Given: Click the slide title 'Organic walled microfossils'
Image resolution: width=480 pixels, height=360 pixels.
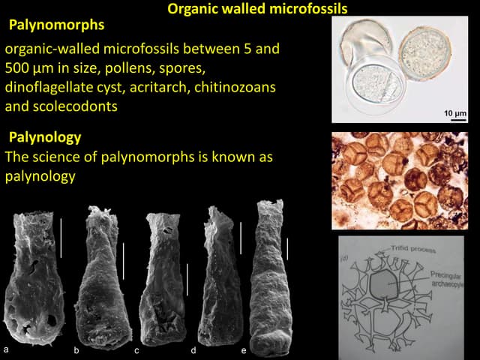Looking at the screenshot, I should [257, 10].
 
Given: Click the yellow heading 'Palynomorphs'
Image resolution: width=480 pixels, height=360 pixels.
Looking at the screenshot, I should [56, 25].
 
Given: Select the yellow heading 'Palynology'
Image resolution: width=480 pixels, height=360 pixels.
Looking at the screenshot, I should [45, 138].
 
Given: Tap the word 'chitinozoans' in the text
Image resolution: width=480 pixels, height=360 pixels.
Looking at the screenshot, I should [237, 87].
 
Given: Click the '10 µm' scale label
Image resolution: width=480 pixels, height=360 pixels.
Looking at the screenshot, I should [454, 112].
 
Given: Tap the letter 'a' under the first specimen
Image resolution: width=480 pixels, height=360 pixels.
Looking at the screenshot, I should [7, 349].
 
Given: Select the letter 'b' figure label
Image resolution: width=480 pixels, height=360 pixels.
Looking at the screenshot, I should [76, 350].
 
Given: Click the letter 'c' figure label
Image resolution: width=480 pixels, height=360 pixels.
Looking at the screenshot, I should [136, 350].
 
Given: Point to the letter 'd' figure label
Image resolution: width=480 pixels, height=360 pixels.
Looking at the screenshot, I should [193, 350].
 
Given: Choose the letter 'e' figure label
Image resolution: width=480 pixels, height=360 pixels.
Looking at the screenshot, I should [244, 350].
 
